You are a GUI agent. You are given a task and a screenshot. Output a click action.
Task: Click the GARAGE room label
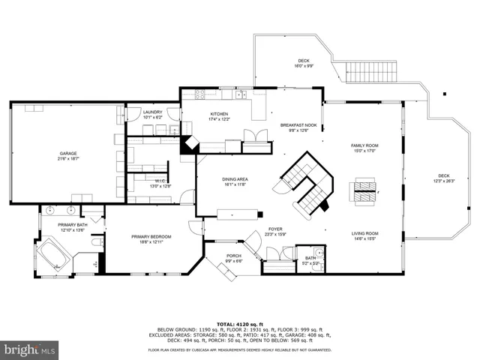pyautogui.click(x=68, y=153)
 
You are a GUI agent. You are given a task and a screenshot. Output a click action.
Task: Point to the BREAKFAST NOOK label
pyautogui.click(x=298, y=125)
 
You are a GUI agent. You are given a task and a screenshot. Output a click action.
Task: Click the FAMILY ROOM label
pyautogui.click(x=365, y=145)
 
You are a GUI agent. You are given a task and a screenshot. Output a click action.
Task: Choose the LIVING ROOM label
pyautogui.click(x=365, y=233)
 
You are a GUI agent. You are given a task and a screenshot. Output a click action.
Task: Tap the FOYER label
pyautogui.click(x=275, y=229)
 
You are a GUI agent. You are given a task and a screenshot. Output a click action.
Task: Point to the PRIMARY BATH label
pyautogui.click(x=73, y=224)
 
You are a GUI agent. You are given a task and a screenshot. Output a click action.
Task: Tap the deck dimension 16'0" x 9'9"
pyautogui.click(x=304, y=66)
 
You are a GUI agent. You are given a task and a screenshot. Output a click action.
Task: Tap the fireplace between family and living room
pyautogui.click(x=365, y=190)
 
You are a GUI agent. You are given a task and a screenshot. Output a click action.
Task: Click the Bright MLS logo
pyautogui.click(x=29, y=349)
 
